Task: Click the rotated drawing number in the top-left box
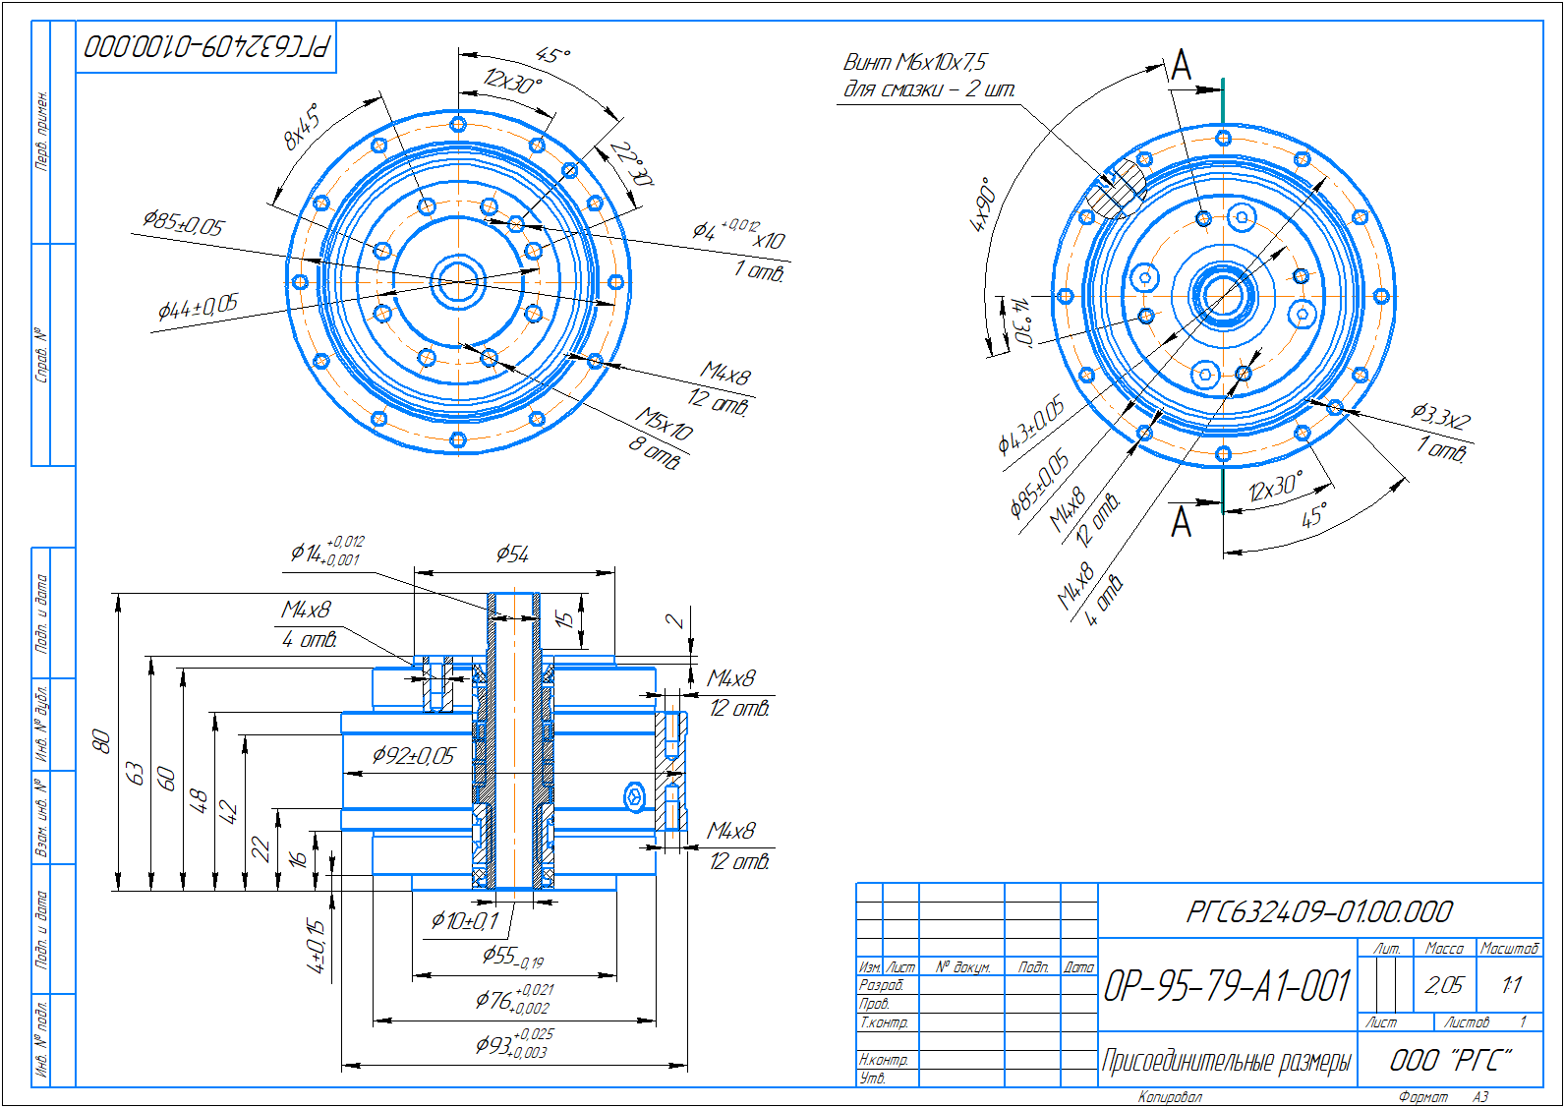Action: (x=206, y=46)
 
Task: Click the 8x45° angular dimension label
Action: (x=302, y=126)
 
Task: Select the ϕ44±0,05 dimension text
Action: (x=198, y=308)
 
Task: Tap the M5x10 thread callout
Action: (x=665, y=424)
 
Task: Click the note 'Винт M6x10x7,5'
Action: (x=914, y=62)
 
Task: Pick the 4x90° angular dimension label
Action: (x=984, y=204)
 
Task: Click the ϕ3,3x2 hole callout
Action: (x=1440, y=417)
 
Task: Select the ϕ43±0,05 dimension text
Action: (x=1030, y=426)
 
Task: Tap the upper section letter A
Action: (x=1182, y=67)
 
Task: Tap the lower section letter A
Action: (x=1182, y=522)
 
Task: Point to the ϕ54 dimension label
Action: (x=512, y=554)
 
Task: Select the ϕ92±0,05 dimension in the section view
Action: (x=413, y=755)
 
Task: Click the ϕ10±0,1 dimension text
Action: (x=465, y=921)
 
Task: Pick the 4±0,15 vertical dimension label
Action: (x=316, y=946)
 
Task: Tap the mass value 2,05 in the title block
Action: (x=1443, y=985)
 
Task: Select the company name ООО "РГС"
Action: (x=1450, y=1060)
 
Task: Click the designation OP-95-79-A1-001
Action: (x=1227, y=985)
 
